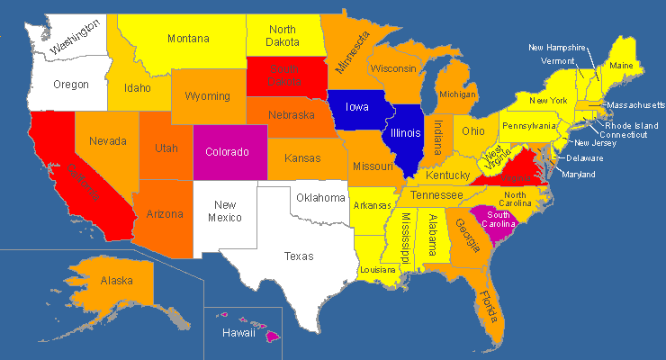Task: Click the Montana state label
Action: coord(187,39)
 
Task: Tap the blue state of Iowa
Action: coord(358,107)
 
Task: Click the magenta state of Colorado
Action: coord(227,152)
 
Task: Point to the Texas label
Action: coord(299,256)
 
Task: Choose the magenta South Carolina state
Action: coord(498,220)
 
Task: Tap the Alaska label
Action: coord(117,281)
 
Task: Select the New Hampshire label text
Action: coord(557,47)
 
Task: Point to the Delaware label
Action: coord(585,158)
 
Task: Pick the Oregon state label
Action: coord(70,85)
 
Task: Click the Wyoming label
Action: coord(207,96)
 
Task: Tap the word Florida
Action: coord(490,309)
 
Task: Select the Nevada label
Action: coord(107,141)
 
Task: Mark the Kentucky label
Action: coord(447,175)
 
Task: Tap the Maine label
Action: coord(620,66)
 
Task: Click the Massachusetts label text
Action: coord(635,105)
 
